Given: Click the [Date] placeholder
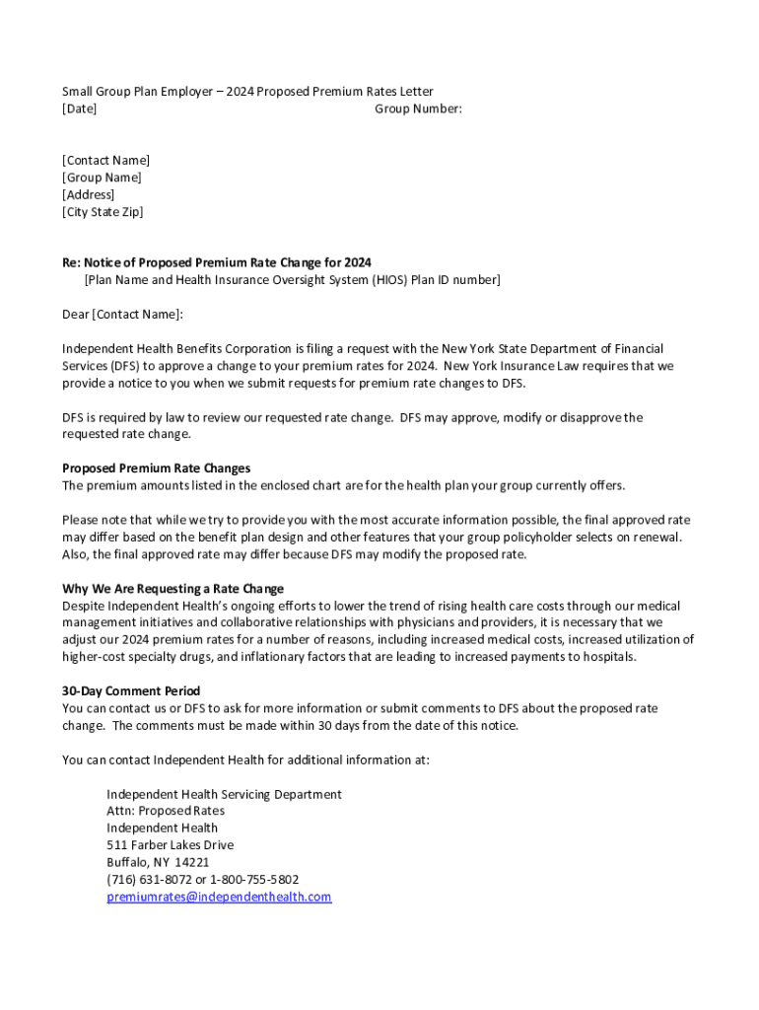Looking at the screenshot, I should coord(79,108).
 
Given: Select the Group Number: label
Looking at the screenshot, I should coord(418,108).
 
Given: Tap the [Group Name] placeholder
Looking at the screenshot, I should coord(102,178).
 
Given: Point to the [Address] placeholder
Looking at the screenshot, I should coord(88,195).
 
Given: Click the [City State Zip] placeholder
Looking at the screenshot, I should coord(103,212).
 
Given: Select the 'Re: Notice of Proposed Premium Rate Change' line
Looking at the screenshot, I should coord(217,262).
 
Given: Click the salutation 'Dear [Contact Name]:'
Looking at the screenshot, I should coord(122,315).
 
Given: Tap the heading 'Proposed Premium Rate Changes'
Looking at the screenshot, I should coord(156,469).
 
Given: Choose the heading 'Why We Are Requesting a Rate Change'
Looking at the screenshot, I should coord(172,589).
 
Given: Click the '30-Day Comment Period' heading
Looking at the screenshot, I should coord(131,691).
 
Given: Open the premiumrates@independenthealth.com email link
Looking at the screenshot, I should coord(219,897).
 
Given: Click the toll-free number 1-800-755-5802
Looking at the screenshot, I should coord(254,880).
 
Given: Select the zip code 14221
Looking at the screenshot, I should coord(192,862).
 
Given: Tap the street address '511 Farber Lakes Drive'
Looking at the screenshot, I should coord(171,845).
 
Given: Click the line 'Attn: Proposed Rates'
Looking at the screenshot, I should coord(166,811).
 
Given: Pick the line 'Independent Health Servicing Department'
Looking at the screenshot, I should coord(224,794).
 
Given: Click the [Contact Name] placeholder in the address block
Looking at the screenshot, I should coord(105,161).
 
